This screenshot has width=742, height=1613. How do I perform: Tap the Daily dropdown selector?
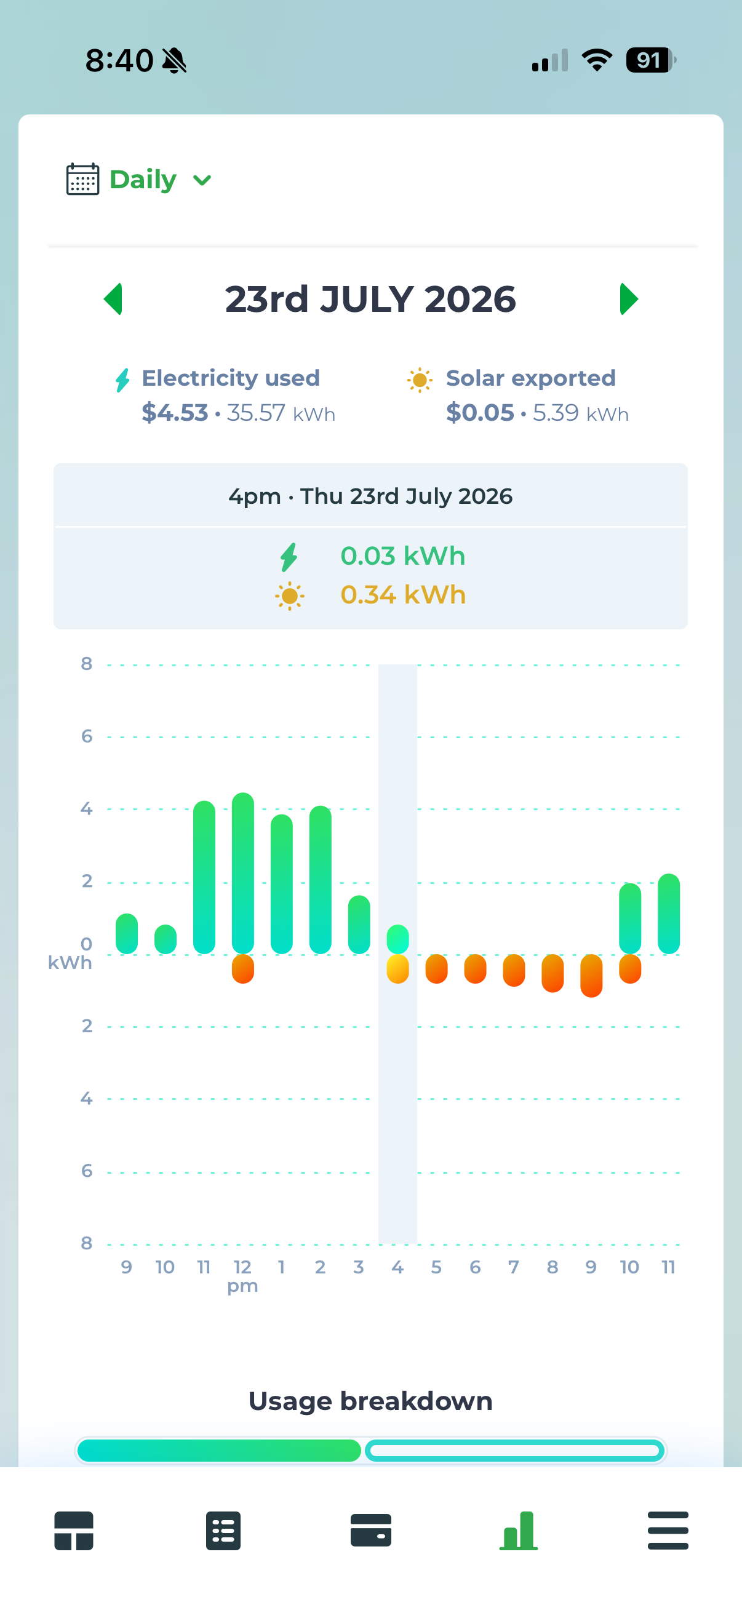coord(161,180)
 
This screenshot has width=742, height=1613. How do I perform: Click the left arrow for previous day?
coord(113,299)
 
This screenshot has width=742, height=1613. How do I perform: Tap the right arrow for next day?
coord(629,299)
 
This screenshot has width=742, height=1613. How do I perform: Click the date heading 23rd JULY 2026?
coord(370,299)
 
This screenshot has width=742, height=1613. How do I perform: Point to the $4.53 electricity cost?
coord(175,413)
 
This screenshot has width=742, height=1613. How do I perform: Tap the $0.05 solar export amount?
coord(480,413)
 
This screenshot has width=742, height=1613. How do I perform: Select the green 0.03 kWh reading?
coord(402,556)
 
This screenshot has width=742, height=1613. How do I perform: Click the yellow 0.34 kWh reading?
coord(402,595)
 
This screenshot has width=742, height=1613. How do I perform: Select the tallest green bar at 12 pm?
coord(243,873)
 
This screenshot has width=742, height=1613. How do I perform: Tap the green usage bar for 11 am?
coord(204,877)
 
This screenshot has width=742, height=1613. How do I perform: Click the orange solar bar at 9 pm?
coord(591,976)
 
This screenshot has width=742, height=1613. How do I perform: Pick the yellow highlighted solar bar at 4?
coord(397,970)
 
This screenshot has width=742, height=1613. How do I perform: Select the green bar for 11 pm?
coord(669,914)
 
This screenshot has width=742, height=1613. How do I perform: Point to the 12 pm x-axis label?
coord(242,1275)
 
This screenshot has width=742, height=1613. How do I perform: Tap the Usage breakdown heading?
coord(370,1401)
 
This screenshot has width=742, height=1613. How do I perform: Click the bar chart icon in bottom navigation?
coord(519,1530)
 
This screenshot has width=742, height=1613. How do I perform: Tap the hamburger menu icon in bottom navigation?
coord(668,1530)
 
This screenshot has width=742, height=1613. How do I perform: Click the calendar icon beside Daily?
coord(82,179)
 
